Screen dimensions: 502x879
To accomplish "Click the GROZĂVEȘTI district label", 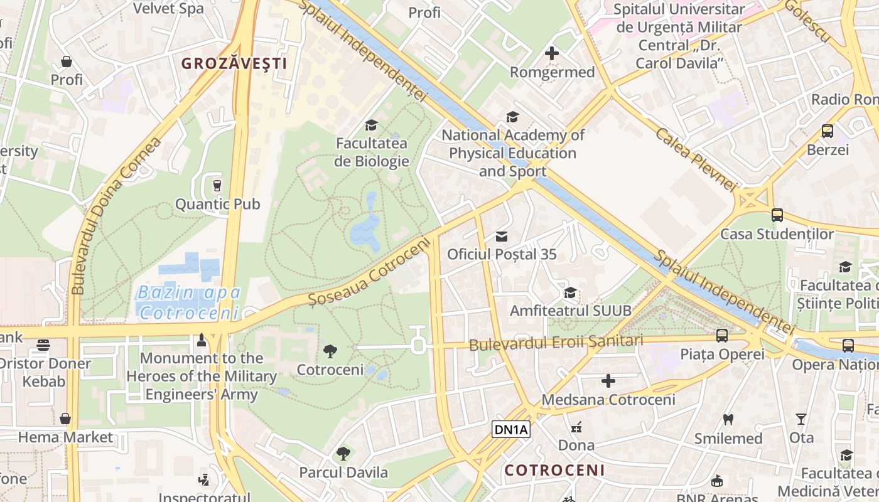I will coord(234,63).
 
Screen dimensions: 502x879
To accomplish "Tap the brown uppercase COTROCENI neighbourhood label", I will coord(555,470).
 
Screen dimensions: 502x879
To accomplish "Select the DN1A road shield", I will coord(511,430).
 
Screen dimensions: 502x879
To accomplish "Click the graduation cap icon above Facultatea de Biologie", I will coord(371,125).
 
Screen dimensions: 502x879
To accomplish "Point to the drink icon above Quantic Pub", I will coord(217,185).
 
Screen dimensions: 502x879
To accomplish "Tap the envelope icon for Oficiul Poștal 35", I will coord(502,236).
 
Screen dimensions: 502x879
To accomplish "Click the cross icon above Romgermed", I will coord(552,53).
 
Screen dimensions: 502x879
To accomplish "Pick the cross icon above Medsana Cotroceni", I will coord(608,380).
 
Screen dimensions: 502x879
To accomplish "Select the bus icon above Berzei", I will coord(828,131).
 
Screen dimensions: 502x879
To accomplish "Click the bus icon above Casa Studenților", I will coord(777,215).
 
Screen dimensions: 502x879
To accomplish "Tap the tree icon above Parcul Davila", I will coord(343,453).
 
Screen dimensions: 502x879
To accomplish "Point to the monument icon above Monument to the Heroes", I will coord(202,339).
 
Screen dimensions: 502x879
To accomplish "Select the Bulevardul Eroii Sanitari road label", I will coord(556,343).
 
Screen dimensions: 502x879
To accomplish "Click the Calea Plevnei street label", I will coord(695,159).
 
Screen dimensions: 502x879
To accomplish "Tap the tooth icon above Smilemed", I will coord(728,419).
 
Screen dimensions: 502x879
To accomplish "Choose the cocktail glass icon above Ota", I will coord(801,419).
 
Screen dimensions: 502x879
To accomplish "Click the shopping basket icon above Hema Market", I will coord(65,419).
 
